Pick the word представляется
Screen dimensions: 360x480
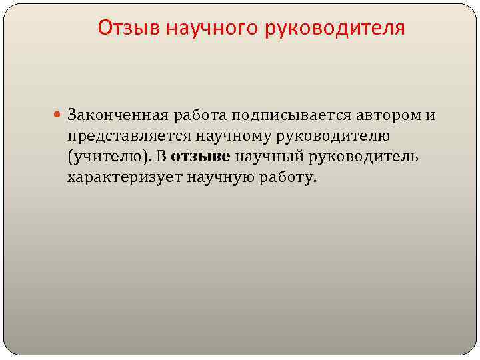[x=129, y=136]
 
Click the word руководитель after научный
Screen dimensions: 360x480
[x=361, y=157]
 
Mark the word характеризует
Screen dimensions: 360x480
[x=125, y=177]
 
